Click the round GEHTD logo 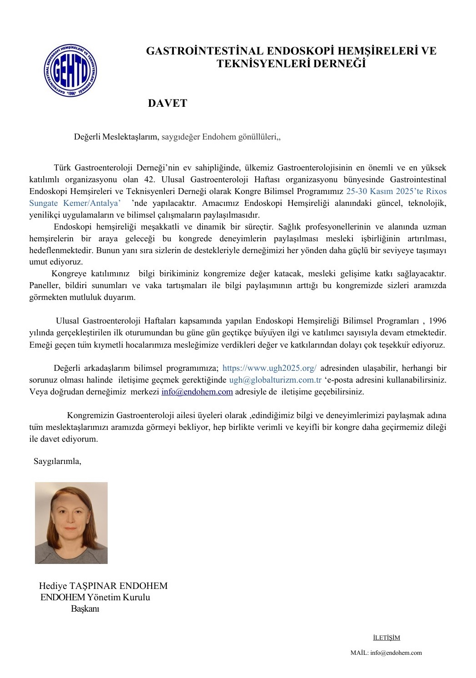[x=70, y=70]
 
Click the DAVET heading [x=167, y=103]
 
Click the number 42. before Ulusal [x=151, y=179]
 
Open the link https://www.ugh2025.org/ [x=269, y=368]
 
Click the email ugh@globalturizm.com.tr [x=275, y=380]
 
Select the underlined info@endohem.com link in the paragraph [x=197, y=392]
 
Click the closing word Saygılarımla [x=57, y=461]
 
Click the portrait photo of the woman [x=71, y=523]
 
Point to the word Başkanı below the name [x=85, y=609]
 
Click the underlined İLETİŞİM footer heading [x=386, y=638]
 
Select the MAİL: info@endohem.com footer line [x=386, y=653]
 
